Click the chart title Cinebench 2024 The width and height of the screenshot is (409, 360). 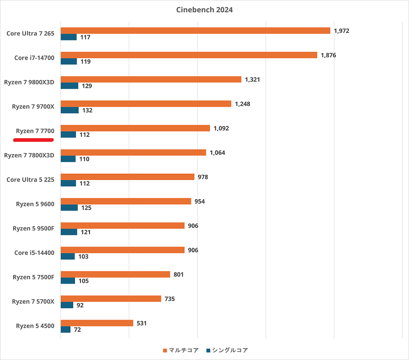(x=204, y=10)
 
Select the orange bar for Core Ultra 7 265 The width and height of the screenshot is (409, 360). (x=195, y=30)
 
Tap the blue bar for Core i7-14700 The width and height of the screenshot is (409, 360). (x=69, y=61)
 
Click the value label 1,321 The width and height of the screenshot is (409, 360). (x=252, y=80)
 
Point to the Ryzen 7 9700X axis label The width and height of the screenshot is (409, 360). (x=33, y=106)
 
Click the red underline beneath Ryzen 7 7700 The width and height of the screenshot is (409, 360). (x=34, y=140)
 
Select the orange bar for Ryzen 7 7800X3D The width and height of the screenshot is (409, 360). (x=133, y=153)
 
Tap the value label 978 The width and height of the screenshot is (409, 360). (x=203, y=177)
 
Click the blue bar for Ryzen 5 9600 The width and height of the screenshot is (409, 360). (x=69, y=208)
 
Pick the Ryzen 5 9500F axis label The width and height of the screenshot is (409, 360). (x=33, y=228)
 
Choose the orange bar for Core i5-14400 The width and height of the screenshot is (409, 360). (x=122, y=250)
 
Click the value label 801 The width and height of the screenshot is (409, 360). (x=178, y=275)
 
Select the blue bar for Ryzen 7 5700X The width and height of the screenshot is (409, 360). (x=67, y=305)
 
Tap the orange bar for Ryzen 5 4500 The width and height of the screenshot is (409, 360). (x=97, y=323)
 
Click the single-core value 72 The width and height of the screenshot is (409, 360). (x=77, y=330)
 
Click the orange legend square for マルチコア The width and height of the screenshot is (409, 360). (x=165, y=350)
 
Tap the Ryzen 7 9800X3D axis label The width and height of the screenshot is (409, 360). (x=29, y=82)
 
